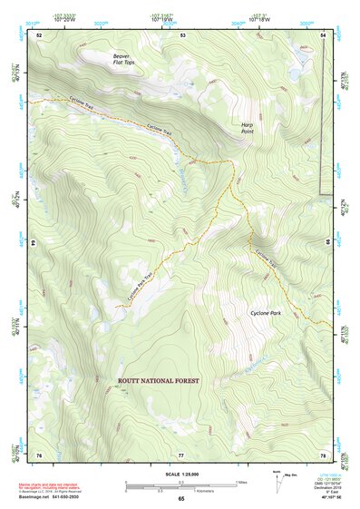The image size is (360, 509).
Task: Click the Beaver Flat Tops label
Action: click(x=123, y=59)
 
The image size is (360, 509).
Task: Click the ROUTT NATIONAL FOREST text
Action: click(x=159, y=381)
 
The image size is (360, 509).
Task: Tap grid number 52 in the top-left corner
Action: click(x=39, y=34)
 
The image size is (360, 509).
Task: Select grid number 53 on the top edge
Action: click(x=182, y=34)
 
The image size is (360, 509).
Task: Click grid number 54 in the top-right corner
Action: click(x=323, y=34)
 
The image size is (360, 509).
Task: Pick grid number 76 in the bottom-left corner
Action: click(x=39, y=455)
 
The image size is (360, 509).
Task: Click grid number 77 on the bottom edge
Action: click(x=181, y=455)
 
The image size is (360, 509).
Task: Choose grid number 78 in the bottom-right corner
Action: click(x=323, y=455)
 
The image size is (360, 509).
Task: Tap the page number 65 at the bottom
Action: click(x=180, y=498)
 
